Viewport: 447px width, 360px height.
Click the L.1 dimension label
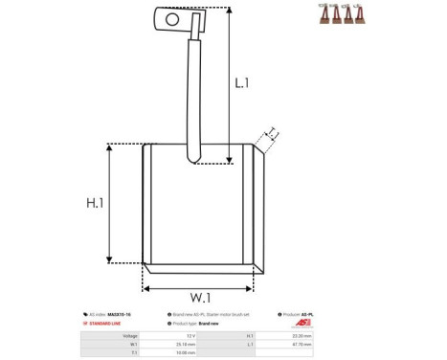tap(241, 84)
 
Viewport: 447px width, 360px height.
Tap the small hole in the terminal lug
tap(172, 18)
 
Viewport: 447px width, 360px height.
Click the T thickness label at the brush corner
tap(272, 133)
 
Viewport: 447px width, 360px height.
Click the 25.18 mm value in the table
tap(187, 344)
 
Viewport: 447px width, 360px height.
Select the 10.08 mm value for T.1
tap(187, 352)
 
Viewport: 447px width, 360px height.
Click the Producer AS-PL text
tap(303, 314)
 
